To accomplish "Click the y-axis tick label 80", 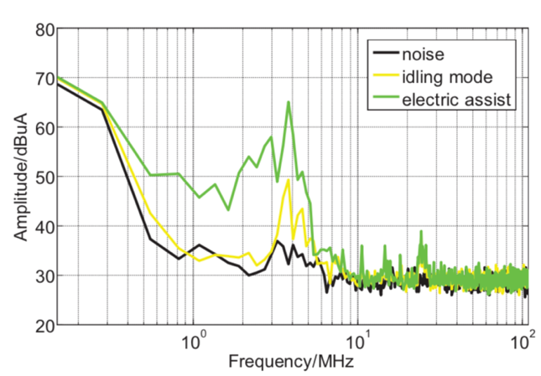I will pos(44,30).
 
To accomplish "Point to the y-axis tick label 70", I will pos(44,80).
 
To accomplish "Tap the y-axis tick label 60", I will pos(44,128).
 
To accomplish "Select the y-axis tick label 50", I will pos(44,178).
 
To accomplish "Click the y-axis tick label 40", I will pos(44,226).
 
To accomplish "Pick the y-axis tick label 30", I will pos(44,276).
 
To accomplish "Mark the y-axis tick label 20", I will pos(44,324).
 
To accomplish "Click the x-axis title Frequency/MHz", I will pos(290,362).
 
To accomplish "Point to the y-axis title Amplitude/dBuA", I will pos(18,178).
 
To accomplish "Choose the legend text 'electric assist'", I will pos(456,100).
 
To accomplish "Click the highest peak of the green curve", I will pos(289,103).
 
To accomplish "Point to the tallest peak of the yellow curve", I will pos(289,180).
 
